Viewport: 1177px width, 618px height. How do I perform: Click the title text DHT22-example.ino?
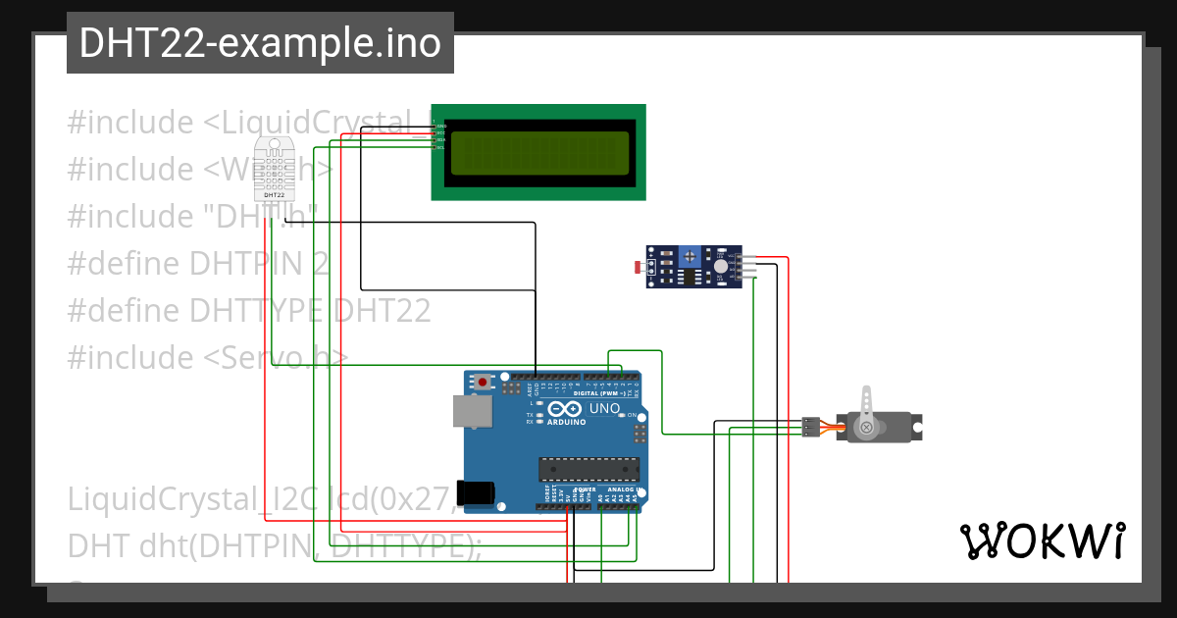point(260,43)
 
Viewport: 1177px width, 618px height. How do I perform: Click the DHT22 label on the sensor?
point(275,196)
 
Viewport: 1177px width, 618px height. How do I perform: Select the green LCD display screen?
point(538,153)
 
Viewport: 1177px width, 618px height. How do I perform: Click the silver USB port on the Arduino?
point(471,411)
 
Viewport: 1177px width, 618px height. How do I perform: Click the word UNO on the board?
point(604,408)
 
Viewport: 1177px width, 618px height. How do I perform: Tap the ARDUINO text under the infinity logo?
point(567,422)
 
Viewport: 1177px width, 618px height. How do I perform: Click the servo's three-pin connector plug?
point(810,427)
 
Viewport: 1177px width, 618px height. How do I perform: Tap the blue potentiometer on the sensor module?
point(691,256)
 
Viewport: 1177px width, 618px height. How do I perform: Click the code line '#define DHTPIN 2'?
point(198,264)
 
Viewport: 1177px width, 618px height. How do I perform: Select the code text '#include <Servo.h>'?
point(207,357)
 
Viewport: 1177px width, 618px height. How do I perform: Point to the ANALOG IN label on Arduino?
point(622,489)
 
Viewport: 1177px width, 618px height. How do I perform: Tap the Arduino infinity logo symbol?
point(566,408)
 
